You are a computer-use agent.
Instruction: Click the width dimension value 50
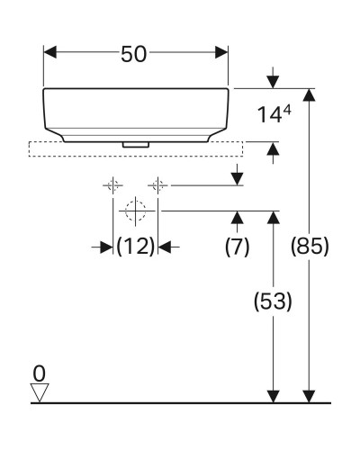135,53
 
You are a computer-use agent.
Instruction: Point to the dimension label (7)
237,247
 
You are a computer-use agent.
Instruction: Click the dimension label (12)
136,246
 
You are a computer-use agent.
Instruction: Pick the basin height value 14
267,116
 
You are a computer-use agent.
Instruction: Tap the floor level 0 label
38,372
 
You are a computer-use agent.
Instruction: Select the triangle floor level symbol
38,391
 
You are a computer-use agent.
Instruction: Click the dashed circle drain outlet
136,211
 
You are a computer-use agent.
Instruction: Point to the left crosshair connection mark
113,186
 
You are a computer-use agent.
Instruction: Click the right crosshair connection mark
158,186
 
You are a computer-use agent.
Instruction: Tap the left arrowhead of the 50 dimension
50,53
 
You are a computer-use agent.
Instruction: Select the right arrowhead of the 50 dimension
221,53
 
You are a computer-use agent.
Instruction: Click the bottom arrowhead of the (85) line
310,395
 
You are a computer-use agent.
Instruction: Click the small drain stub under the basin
136,141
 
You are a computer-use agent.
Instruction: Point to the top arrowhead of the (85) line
310,96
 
